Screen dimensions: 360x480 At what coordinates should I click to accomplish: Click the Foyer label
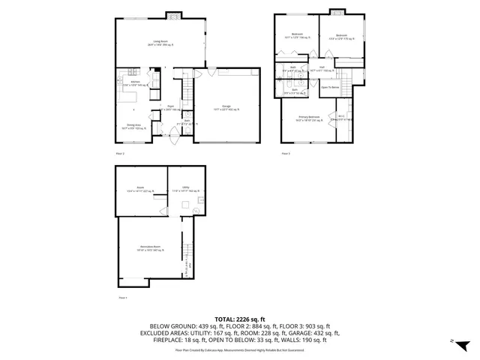pyautogui.click(x=170, y=107)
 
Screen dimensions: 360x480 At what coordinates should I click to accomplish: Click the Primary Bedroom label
pyautogui.click(x=308, y=117)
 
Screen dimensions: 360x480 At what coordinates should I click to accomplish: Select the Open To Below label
pyautogui.click(x=331, y=87)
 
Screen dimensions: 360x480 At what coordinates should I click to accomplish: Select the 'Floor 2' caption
pyautogui.click(x=120, y=153)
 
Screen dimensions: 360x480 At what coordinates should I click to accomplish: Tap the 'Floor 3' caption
pyautogui.click(x=286, y=153)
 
